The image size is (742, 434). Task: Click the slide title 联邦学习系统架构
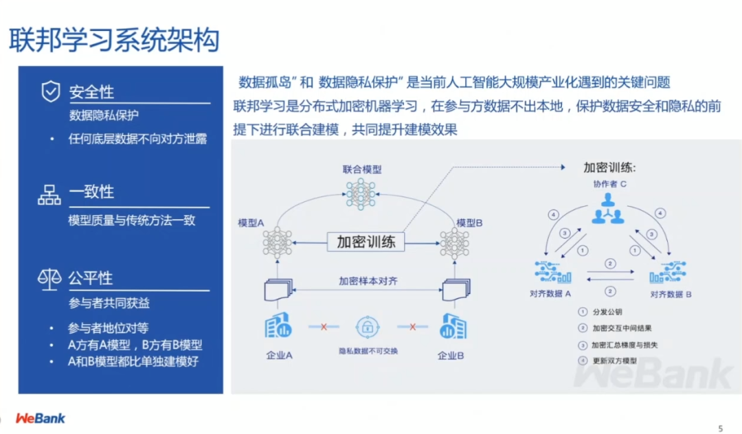tap(114, 41)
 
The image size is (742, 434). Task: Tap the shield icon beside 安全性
tap(51, 91)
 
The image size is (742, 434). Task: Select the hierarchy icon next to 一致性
tap(49, 194)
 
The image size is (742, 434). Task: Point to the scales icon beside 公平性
tap(49, 279)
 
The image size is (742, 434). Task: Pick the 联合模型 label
tap(362, 169)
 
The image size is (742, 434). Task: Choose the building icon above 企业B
tap(452, 326)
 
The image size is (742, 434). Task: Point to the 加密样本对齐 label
tap(368, 281)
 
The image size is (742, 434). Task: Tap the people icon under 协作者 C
tap(607, 208)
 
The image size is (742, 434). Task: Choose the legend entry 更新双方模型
tap(614, 361)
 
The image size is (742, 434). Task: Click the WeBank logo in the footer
tap(41, 418)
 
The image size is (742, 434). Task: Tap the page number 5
tap(720, 429)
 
